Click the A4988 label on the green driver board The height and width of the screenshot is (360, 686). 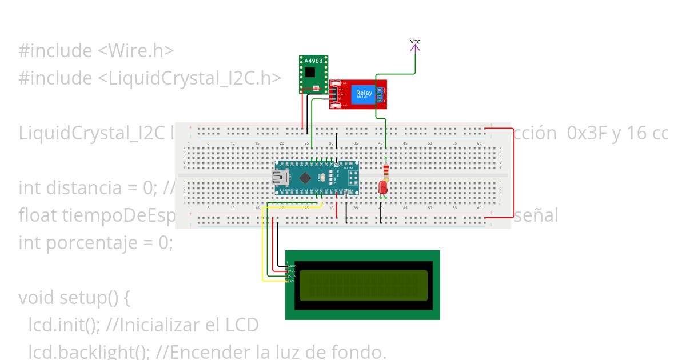click(313, 61)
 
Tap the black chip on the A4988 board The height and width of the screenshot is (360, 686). click(310, 73)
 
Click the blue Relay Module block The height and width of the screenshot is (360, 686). click(364, 94)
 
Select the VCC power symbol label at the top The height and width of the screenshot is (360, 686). click(416, 42)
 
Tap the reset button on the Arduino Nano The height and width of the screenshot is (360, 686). click(323, 177)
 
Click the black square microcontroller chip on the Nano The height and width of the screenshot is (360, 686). click(306, 177)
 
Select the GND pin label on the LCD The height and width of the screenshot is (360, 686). click(293, 266)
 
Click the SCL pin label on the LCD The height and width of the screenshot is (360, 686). click(292, 281)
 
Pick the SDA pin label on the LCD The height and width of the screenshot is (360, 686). click(292, 276)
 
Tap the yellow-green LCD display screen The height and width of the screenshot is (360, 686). click(364, 285)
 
